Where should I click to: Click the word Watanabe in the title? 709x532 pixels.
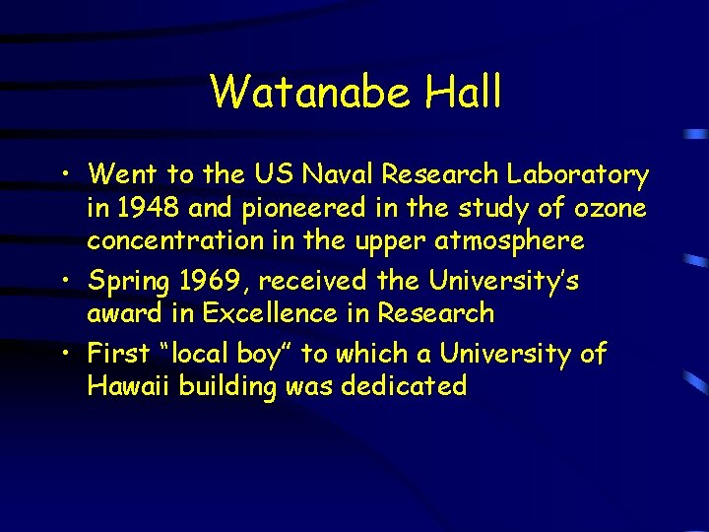click(x=312, y=93)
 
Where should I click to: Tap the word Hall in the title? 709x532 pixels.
click(x=464, y=93)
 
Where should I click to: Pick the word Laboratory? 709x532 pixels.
click(x=577, y=175)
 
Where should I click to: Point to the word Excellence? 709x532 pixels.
click(x=311, y=313)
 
